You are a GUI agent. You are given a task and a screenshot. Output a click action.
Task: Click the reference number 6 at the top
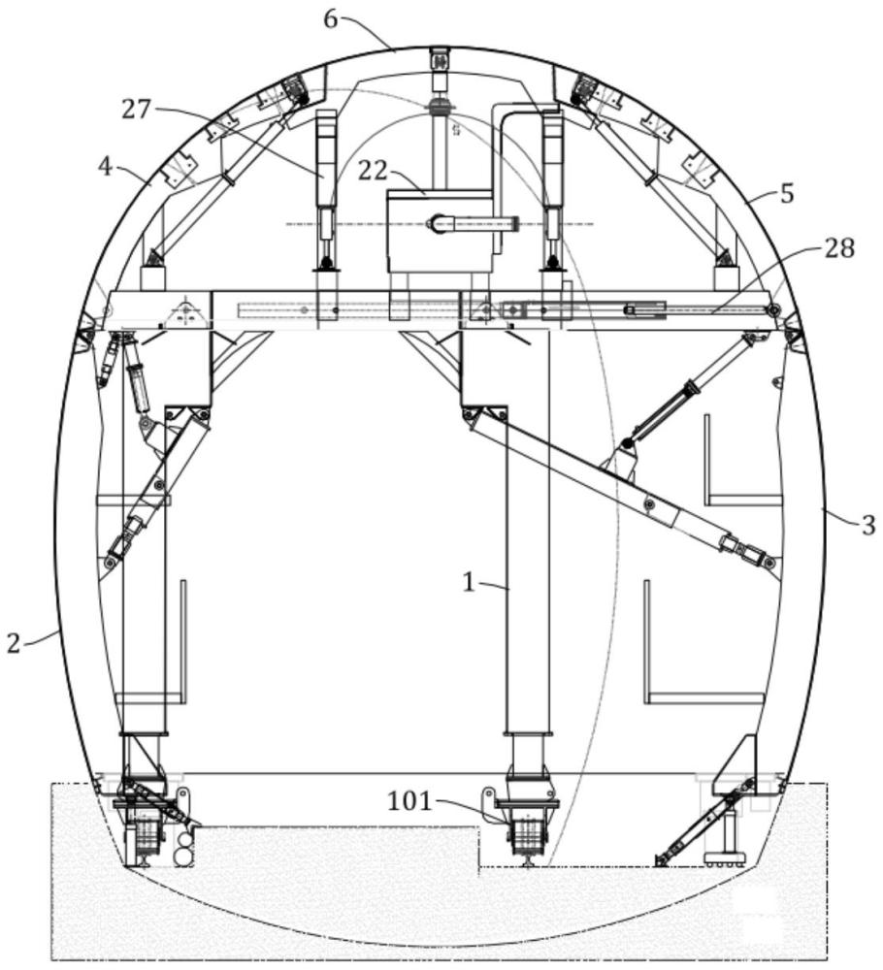[331, 19]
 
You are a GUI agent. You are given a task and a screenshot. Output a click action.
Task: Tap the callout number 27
[136, 110]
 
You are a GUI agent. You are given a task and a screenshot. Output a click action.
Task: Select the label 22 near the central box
[373, 171]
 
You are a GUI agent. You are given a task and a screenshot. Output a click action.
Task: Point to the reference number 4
[107, 167]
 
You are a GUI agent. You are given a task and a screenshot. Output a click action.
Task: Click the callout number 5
[787, 194]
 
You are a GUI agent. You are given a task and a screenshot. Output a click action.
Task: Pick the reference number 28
[839, 248]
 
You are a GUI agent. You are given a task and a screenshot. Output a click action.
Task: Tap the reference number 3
[868, 525]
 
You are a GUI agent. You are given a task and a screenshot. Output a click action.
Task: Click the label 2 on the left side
[14, 643]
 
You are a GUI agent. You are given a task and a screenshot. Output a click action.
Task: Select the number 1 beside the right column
[470, 582]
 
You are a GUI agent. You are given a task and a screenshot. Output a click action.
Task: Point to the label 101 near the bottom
[409, 801]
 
